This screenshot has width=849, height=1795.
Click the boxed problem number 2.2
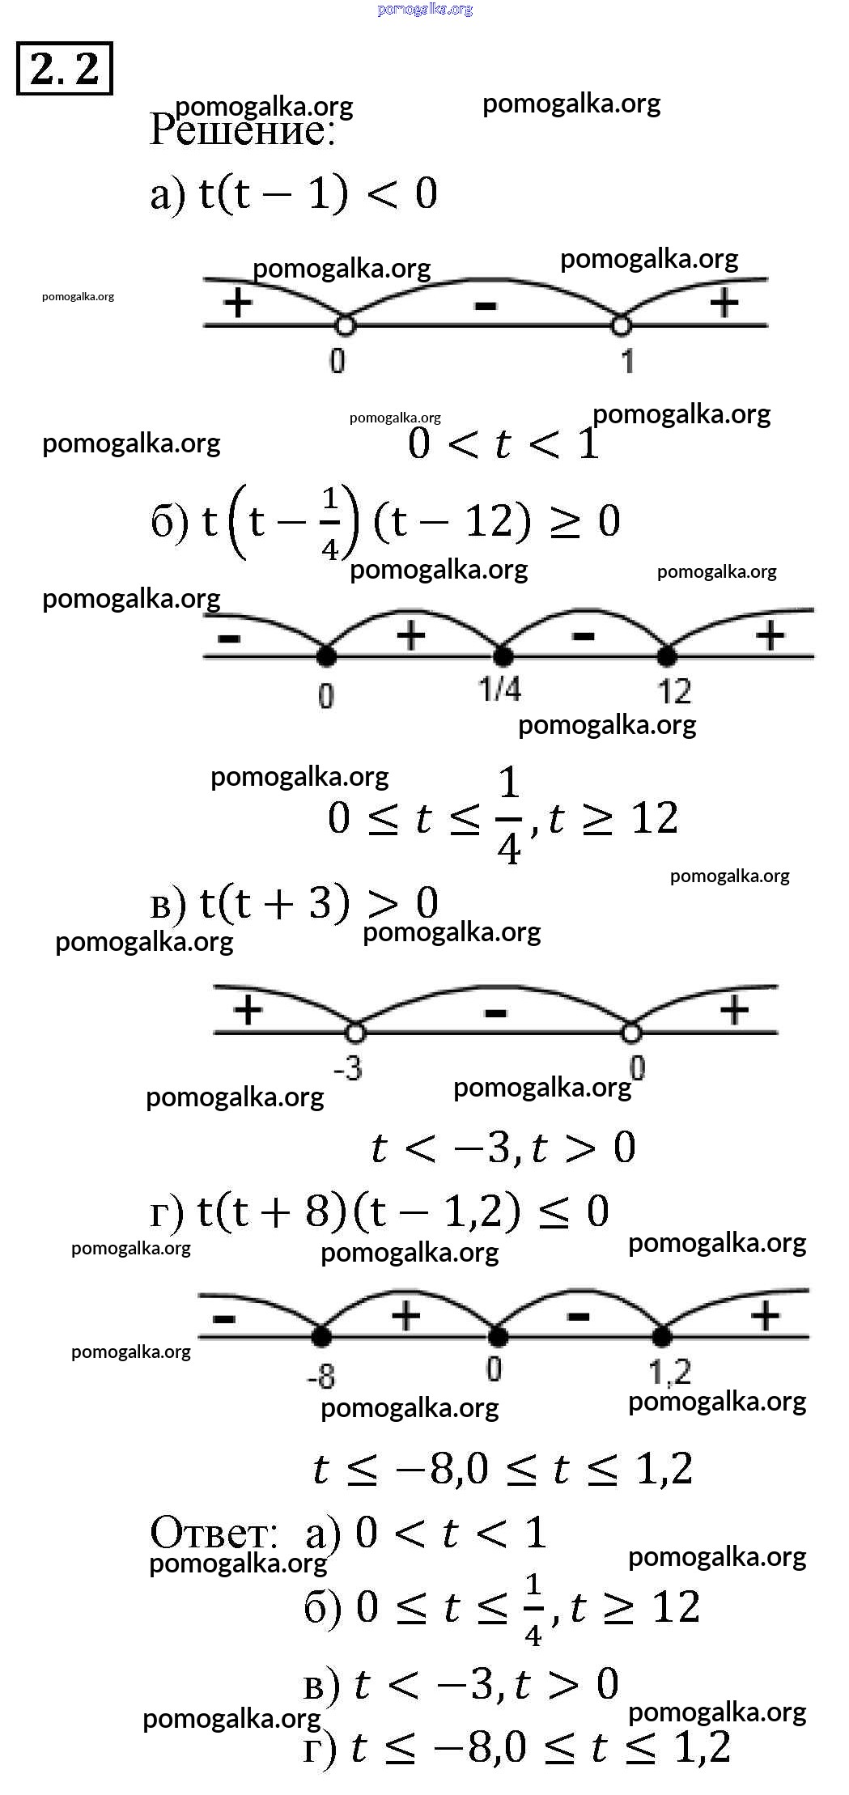click(x=64, y=68)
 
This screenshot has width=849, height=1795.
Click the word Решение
click(x=242, y=129)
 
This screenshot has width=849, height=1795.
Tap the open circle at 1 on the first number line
click(x=621, y=325)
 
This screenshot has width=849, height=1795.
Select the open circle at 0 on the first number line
click(x=345, y=325)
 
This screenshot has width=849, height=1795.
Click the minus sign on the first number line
click(x=485, y=305)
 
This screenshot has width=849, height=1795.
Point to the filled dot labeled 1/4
click(x=503, y=655)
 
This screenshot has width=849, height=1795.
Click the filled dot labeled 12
click(x=665, y=655)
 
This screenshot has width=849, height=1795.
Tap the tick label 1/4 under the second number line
click(x=499, y=689)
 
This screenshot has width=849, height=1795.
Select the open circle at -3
click(x=355, y=1033)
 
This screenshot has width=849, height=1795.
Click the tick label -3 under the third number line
click(x=348, y=1068)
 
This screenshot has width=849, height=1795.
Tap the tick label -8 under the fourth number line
click(x=321, y=1376)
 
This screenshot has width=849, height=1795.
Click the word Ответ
click(x=214, y=1532)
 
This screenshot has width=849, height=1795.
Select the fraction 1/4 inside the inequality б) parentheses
click(x=329, y=524)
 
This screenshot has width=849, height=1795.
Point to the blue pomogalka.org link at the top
click(x=425, y=9)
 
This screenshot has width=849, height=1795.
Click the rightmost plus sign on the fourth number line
click(x=765, y=1317)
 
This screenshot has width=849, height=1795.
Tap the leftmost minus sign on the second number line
click(x=229, y=639)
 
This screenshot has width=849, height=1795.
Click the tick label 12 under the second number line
click(x=674, y=691)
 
